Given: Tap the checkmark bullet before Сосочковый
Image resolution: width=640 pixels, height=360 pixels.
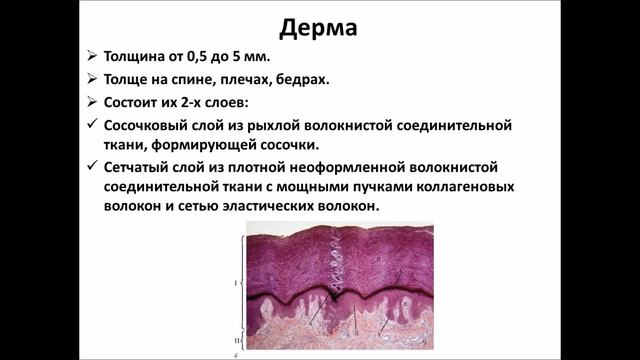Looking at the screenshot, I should pos(91,125).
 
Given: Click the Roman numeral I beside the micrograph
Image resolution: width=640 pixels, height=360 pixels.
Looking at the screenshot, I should pos(235,283).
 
